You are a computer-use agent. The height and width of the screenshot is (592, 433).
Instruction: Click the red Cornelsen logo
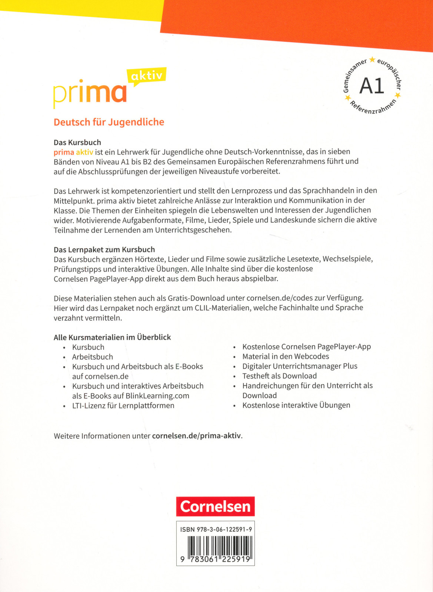coord(215,506)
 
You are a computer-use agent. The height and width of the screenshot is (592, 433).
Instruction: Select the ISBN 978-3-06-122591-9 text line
coord(216,529)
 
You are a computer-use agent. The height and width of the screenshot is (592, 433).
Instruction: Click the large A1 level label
coord(372,86)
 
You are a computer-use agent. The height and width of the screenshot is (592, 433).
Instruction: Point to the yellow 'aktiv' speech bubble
coord(147,76)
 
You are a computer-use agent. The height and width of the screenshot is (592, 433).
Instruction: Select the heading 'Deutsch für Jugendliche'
coord(109,122)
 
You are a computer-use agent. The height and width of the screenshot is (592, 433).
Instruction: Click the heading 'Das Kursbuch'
coord(77,142)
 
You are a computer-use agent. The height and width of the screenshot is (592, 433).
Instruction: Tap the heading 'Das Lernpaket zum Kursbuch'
coord(104,250)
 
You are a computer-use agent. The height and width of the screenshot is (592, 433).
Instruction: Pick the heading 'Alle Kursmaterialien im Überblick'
coord(112,337)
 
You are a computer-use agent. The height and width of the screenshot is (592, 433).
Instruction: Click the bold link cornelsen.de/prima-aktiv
coord(196,436)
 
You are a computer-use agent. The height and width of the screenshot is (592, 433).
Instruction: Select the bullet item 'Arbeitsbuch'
coord(93,357)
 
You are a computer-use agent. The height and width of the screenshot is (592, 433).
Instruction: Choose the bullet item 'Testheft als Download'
coord(279,376)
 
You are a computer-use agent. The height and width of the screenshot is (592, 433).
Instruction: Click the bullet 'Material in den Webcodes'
coord(286,356)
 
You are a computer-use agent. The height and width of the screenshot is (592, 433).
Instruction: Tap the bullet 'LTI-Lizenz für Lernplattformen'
coord(123,406)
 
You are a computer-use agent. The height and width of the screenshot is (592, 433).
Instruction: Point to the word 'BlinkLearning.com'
coord(157,396)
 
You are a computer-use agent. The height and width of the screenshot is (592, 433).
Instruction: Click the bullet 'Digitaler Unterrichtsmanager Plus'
coord(300,366)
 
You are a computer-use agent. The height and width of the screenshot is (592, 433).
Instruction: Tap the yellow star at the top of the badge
coord(372,60)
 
